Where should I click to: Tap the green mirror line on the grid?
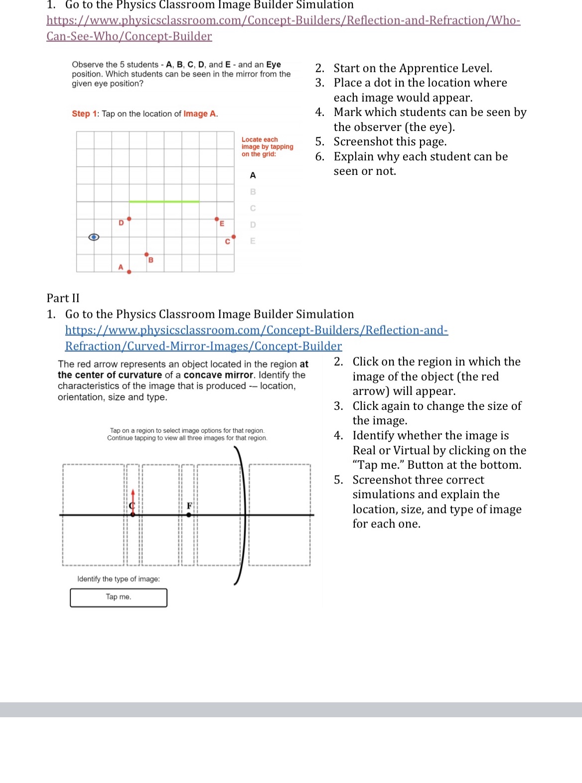164,201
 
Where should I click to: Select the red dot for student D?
129,219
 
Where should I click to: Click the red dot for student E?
216,219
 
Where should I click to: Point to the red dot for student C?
234,237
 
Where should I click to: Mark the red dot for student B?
146,254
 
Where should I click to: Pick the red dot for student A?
129,272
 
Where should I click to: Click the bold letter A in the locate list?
253,175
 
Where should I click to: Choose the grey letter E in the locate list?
253,241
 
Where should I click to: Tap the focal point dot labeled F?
188,515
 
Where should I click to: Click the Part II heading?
63,298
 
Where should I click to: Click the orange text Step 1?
81,114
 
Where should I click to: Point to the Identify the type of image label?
119,579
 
